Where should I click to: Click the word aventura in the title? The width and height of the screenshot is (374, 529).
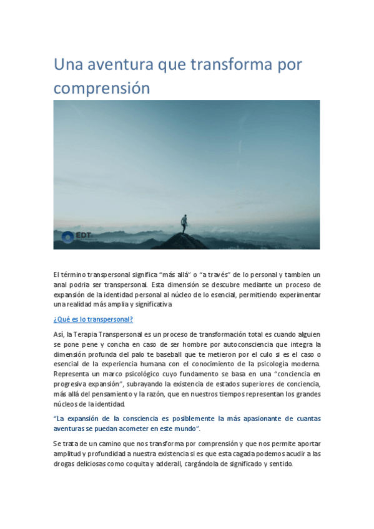[119, 65]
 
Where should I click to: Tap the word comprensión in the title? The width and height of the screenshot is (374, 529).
[102, 88]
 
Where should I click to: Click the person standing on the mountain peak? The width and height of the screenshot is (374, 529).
[184, 222]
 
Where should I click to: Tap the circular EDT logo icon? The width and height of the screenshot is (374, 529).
[67, 236]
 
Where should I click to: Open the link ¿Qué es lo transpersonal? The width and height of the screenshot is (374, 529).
[93, 319]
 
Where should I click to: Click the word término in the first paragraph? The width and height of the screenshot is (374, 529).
[74, 274]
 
